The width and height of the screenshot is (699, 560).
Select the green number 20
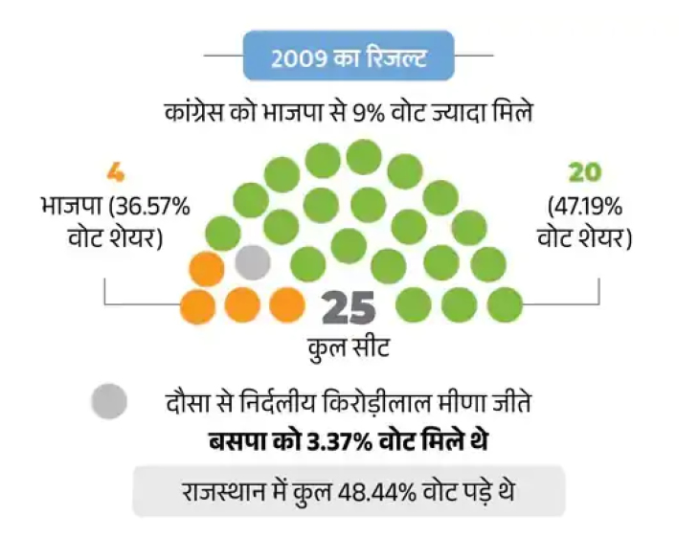point(584,172)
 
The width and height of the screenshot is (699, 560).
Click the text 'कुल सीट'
point(349,347)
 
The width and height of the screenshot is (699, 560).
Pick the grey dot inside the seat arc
point(253,260)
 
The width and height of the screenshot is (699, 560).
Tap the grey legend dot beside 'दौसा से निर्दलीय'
point(109,401)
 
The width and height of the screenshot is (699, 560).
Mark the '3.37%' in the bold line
point(332,442)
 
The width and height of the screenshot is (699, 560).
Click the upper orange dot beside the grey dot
point(207,269)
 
